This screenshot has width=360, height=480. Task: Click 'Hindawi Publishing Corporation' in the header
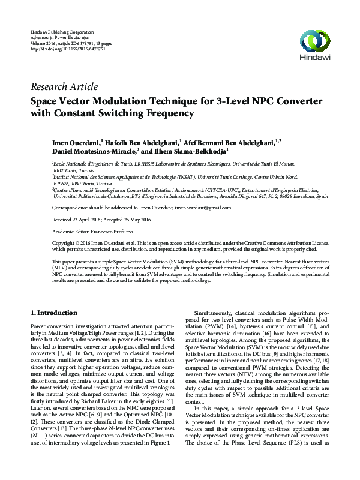[x=62, y=31]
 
